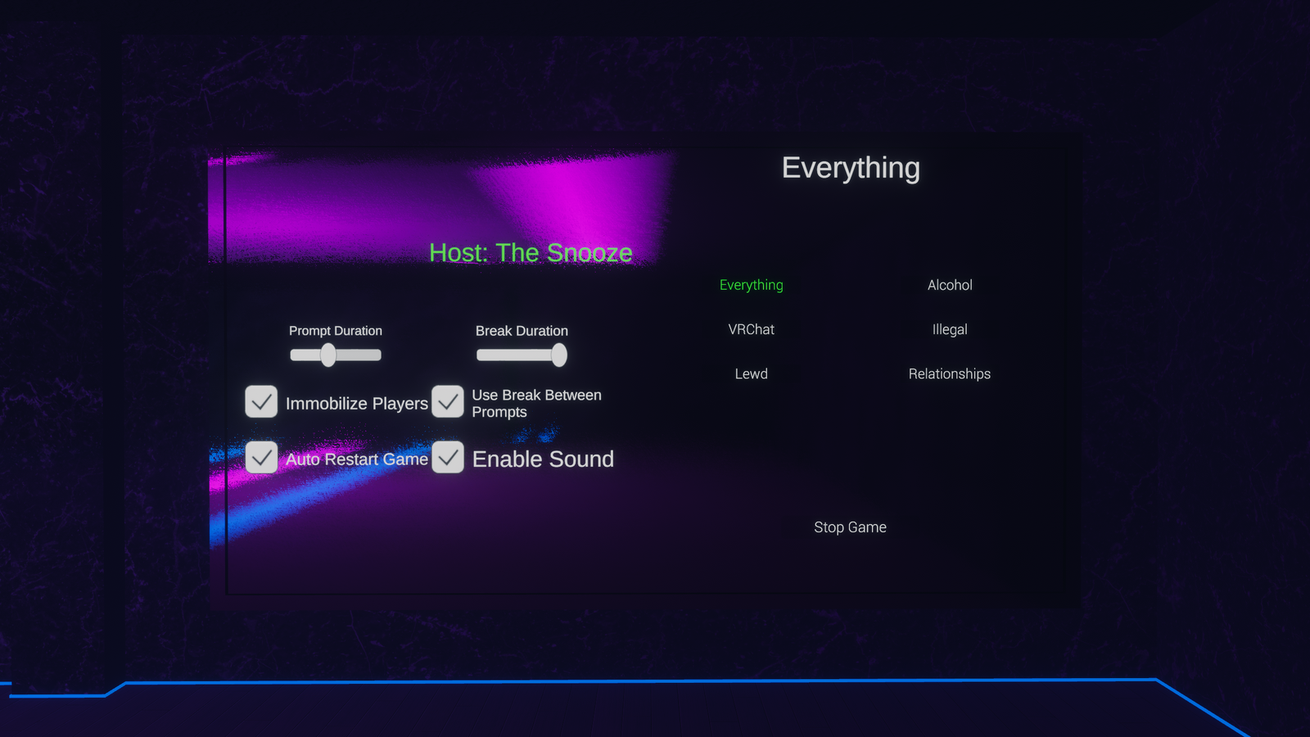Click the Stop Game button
(x=850, y=527)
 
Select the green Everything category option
(x=751, y=285)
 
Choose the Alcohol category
(x=950, y=285)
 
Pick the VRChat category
(x=751, y=329)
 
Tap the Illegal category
(x=950, y=329)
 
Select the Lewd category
(x=751, y=373)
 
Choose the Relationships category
(x=950, y=373)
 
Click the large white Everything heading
(x=851, y=168)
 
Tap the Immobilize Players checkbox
(x=261, y=402)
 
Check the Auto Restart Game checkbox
(x=261, y=458)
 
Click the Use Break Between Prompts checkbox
(x=448, y=402)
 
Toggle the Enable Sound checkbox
(x=448, y=458)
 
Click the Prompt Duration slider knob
(x=328, y=355)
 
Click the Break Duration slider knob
(x=559, y=355)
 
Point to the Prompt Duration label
(x=335, y=331)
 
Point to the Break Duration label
(x=522, y=331)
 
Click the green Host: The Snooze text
(x=531, y=253)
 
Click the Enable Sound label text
(x=543, y=459)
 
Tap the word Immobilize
(x=326, y=404)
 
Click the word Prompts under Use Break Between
(x=499, y=413)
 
